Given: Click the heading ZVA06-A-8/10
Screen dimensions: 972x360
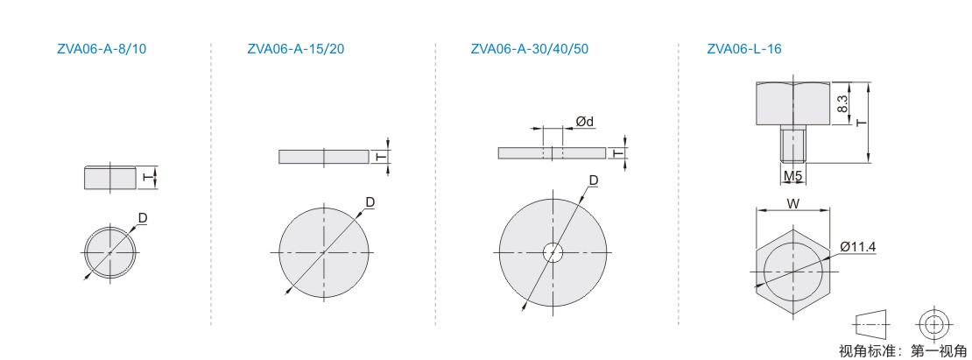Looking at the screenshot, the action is [102, 49].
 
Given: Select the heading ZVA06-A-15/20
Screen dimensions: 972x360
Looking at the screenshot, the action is [295, 49].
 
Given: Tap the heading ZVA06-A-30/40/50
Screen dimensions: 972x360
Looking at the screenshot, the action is [530, 49].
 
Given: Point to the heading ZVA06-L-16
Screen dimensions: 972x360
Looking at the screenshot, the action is [743, 49].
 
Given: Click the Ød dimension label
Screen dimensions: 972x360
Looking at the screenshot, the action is [585, 122].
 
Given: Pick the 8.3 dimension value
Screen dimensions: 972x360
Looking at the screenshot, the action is [842, 102].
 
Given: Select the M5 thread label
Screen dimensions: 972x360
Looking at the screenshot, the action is [792, 177].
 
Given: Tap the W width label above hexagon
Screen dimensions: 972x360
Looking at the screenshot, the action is [792, 202].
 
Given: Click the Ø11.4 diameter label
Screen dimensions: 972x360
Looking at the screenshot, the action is [858, 247].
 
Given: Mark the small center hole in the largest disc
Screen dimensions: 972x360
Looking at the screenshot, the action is [553, 253].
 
